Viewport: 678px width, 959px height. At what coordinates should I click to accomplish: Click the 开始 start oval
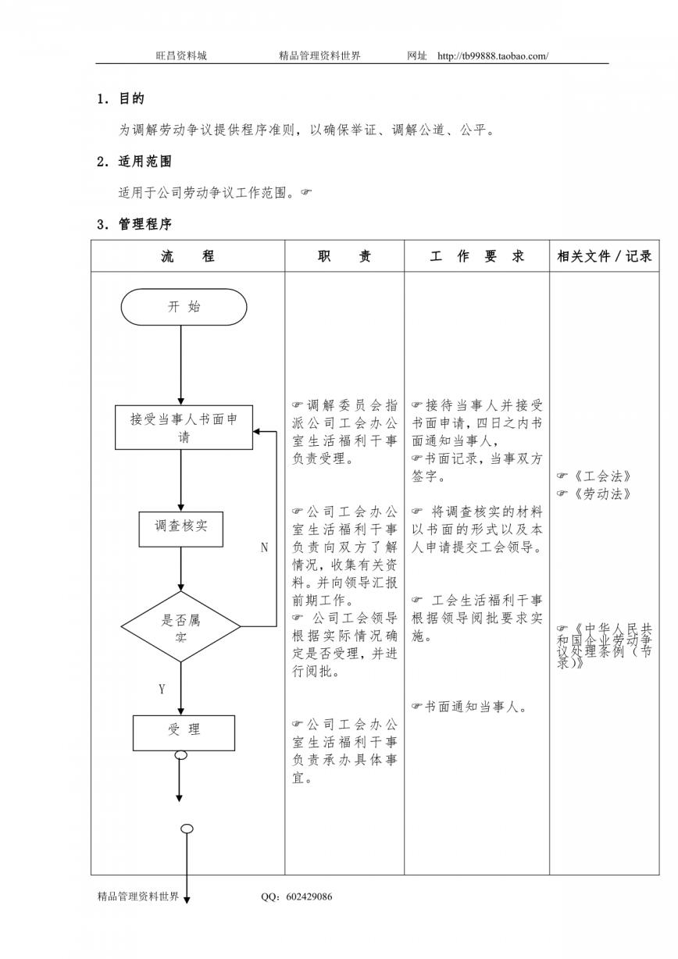pyautogui.click(x=184, y=307)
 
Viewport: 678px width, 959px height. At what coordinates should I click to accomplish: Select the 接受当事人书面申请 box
pyautogui.click(x=184, y=427)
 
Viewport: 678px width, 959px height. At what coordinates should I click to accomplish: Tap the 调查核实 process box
pyautogui.click(x=180, y=529)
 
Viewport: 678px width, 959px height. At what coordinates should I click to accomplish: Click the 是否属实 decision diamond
pyautogui.click(x=180, y=626)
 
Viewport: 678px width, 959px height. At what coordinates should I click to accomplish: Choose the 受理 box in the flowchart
pyautogui.click(x=184, y=733)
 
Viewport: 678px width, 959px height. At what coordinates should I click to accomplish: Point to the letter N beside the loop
pyautogui.click(x=264, y=547)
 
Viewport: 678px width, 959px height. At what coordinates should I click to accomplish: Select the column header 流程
pyautogui.click(x=187, y=256)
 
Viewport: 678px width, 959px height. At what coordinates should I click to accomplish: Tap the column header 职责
pyautogui.click(x=344, y=256)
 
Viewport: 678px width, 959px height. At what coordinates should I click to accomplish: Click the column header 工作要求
pyautogui.click(x=476, y=256)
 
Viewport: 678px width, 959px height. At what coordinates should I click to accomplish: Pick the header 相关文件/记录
pyautogui.click(x=605, y=256)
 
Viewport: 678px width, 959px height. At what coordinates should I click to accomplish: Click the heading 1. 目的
pyautogui.click(x=121, y=99)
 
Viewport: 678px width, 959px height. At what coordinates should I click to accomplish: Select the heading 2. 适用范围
pyautogui.click(x=134, y=162)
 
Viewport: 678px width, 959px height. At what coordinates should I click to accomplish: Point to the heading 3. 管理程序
pyautogui.click(x=134, y=224)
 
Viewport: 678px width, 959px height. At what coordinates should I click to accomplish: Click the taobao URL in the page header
pyautogui.click(x=493, y=55)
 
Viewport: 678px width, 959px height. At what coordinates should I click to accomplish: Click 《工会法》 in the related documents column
pyautogui.click(x=601, y=476)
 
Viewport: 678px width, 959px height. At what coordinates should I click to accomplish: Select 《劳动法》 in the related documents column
pyautogui.click(x=601, y=494)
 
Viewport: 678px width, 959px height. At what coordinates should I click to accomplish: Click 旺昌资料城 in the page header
pyautogui.click(x=181, y=55)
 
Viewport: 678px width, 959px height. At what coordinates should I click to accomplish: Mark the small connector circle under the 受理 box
pyautogui.click(x=181, y=756)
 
